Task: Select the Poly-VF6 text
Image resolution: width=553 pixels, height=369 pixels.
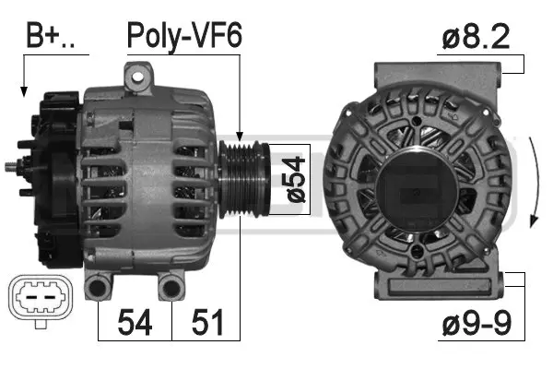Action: click(183, 38)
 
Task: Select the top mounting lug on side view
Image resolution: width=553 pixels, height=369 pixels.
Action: click(141, 73)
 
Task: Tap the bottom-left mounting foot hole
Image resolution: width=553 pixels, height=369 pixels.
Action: click(99, 289)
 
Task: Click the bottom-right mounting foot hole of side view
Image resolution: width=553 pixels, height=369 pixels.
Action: click(169, 289)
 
